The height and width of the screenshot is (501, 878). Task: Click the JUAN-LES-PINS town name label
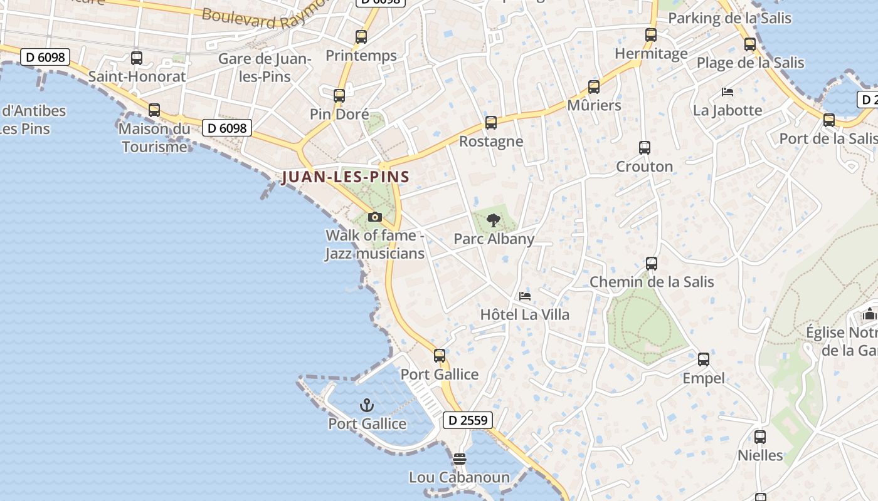point(346,177)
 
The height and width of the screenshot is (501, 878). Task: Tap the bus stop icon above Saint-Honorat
point(137,58)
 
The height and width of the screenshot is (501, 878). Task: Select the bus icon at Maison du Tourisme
point(154,110)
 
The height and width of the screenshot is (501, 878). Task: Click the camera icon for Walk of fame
point(375,217)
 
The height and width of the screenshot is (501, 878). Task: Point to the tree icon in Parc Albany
point(494,220)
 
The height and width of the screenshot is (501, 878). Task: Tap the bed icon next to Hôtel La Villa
point(525,296)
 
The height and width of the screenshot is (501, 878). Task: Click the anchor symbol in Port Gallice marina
point(367,406)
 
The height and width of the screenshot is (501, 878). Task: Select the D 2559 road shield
point(468,420)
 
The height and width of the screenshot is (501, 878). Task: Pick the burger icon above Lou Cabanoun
point(460,459)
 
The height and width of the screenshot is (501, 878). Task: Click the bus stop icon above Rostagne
point(491,123)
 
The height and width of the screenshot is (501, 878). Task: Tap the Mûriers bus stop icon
point(594,87)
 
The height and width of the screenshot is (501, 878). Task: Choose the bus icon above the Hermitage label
point(651,35)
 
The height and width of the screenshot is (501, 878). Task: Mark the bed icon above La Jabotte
point(727,92)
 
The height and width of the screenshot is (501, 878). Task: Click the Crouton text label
point(645,167)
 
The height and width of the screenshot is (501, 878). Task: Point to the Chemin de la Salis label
point(652,282)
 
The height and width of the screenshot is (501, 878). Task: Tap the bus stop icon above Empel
point(704,359)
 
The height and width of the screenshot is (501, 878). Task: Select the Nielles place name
point(760,455)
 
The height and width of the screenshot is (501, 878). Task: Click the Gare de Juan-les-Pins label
point(265,68)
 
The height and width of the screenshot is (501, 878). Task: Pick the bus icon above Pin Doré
point(339,96)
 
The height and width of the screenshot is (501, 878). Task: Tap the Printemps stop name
point(361,56)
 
